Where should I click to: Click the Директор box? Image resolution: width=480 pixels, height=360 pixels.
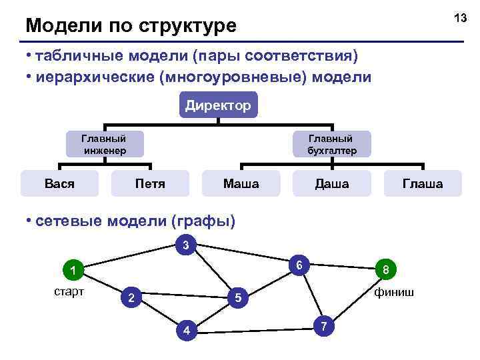click(x=218, y=105)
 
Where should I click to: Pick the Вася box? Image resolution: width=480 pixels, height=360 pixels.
click(x=59, y=183)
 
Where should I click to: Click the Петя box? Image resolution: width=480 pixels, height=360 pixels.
click(x=150, y=183)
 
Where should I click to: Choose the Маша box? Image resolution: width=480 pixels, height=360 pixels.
click(x=241, y=183)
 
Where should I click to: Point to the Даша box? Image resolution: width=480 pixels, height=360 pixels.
click(x=331, y=183)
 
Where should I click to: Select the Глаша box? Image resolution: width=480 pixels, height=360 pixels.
click(x=423, y=183)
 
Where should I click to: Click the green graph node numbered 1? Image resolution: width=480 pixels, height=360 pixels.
click(x=70, y=271)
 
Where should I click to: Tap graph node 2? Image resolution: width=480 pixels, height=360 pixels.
click(x=131, y=297)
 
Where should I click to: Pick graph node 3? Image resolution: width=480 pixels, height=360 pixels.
click(x=186, y=245)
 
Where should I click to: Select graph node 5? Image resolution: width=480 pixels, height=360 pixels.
click(x=237, y=298)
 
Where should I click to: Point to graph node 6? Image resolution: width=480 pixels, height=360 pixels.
click(x=300, y=265)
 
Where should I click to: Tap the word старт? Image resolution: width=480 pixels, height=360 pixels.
click(x=69, y=292)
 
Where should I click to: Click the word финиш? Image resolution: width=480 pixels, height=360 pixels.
click(x=393, y=292)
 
